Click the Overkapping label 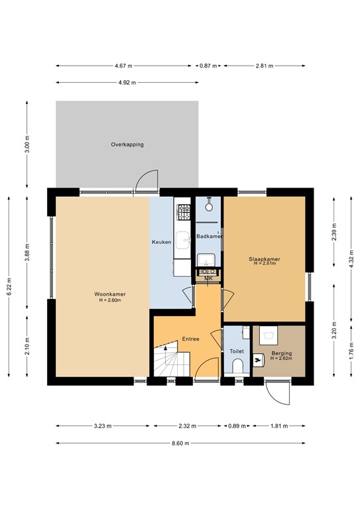127,144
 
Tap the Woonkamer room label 110,294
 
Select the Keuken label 162,242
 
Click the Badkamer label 209,236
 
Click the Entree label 191,339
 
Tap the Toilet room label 237,351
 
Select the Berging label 281,353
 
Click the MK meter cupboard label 208,278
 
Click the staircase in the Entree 171,362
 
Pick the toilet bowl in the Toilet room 237,367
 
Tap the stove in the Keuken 183,211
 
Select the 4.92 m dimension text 127,83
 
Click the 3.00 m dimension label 27,144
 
